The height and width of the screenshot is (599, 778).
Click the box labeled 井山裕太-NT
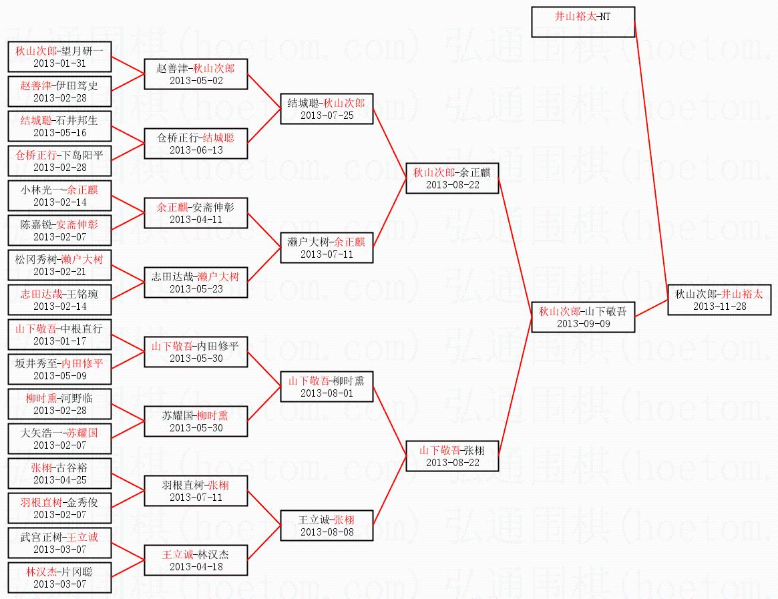click(583, 22)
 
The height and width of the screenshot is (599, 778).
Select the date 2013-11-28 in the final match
click(719, 307)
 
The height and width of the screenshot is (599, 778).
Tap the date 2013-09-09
click(583, 324)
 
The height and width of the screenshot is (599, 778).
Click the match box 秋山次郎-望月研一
click(59, 57)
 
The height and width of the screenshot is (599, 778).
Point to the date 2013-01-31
click(59, 63)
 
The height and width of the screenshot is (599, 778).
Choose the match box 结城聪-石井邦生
click(59, 126)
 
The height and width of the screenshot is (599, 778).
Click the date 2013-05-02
click(196, 81)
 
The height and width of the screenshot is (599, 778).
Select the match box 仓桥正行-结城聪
click(196, 144)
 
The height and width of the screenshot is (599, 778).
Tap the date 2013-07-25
click(327, 116)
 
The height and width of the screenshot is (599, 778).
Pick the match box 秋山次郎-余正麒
click(452, 178)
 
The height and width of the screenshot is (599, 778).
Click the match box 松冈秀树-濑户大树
click(59, 265)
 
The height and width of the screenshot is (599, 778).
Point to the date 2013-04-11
click(196, 220)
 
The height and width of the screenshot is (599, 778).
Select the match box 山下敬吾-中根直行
click(59, 335)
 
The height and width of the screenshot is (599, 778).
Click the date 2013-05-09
click(59, 376)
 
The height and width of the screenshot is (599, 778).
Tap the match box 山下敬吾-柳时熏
click(327, 387)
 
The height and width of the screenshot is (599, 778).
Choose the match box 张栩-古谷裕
click(59, 473)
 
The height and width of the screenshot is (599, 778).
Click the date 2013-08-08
click(327, 532)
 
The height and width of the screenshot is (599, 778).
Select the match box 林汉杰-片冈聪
click(59, 578)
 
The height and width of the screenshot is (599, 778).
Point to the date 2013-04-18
click(196, 567)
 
